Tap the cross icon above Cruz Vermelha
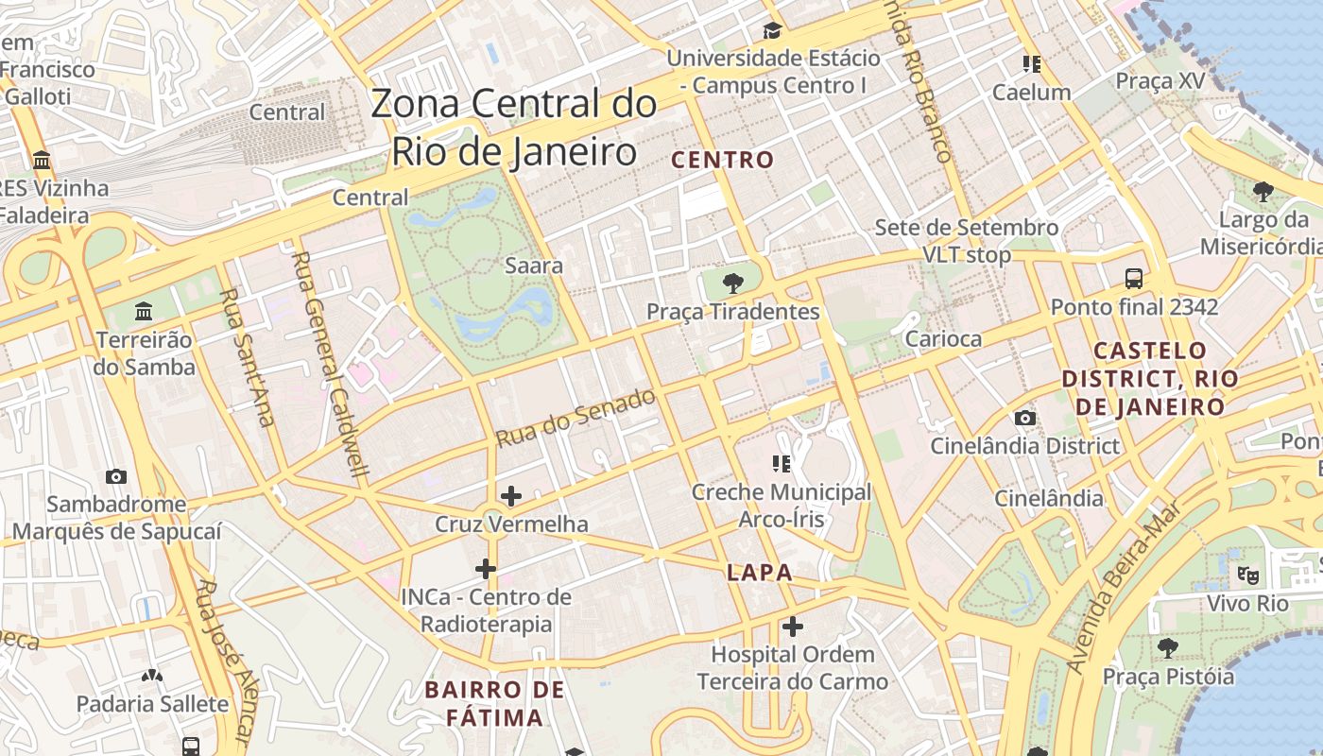511,495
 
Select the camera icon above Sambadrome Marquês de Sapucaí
116,476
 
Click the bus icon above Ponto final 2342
1134,279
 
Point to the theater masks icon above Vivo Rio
1248,574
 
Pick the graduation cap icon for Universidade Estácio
772,30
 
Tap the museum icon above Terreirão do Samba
144,311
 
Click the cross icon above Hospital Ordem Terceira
793,626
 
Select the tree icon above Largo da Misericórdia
1263,192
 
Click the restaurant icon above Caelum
1031,64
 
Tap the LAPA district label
759,573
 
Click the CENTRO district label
722,160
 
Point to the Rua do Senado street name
576,418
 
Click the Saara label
534,266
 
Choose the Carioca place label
943,338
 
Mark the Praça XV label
1160,81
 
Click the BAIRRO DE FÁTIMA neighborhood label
494,703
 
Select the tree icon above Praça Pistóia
1168,647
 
